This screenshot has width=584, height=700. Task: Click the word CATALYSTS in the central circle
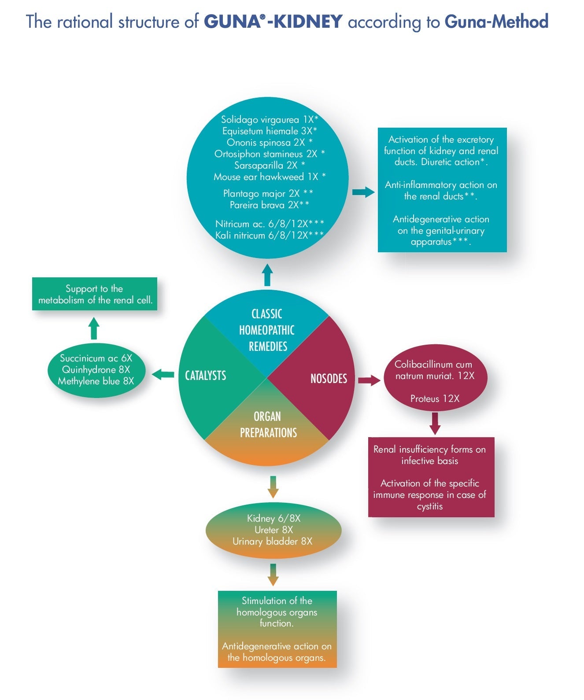pos(205,376)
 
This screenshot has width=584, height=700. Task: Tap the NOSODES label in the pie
pos(329,379)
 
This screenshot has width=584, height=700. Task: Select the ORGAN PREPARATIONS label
pos(268,424)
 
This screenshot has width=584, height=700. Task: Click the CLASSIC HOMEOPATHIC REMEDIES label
pos(267,330)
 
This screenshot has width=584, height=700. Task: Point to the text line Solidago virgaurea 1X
pos(269,120)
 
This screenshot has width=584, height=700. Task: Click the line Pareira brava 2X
pos(269,205)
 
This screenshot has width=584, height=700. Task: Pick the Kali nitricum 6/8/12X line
pos(269,235)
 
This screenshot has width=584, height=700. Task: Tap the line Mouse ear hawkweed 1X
pos(269,177)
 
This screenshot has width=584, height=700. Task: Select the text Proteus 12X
pos(435,399)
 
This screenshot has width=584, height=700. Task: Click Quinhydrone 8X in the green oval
pos(96,370)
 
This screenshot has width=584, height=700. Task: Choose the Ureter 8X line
pos(274,530)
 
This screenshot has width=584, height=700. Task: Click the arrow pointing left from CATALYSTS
pos(163,375)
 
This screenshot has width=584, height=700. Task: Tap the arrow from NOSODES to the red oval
pos(369,380)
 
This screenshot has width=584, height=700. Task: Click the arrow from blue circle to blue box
pos(363,192)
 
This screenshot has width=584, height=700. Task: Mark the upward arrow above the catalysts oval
pos(94,328)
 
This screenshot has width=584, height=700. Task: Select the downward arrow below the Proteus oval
pos(435,423)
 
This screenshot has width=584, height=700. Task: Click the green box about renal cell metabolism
pos(95,294)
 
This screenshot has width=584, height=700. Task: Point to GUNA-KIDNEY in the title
pos(273,22)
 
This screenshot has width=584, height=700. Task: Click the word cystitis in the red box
pos(429,506)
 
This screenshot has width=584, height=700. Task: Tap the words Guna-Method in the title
pos(496,22)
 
